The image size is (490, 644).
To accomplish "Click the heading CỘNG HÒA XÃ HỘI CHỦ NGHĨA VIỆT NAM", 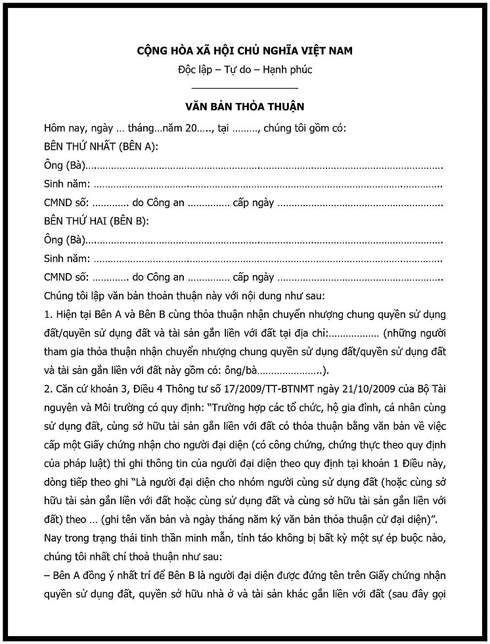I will tap(244, 51).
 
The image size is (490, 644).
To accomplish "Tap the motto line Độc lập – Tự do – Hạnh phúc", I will tap(244, 70).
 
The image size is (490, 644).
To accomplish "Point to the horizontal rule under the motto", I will tap(244, 87).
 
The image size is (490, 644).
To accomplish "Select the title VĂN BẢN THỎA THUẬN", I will tap(244, 106).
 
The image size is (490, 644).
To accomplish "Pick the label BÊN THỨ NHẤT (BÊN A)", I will tap(100, 146).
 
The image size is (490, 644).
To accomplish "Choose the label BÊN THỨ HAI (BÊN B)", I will tap(96, 221).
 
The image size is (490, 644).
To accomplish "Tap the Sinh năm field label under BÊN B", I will tap(66, 258).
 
